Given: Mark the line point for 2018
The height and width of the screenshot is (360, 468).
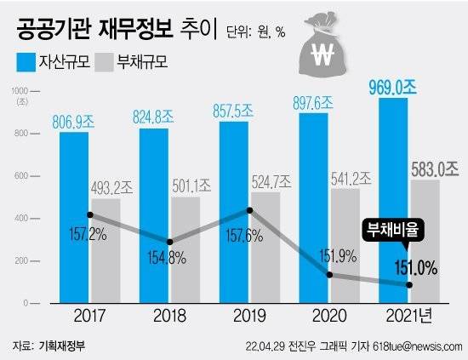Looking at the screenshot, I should click(169, 243).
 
